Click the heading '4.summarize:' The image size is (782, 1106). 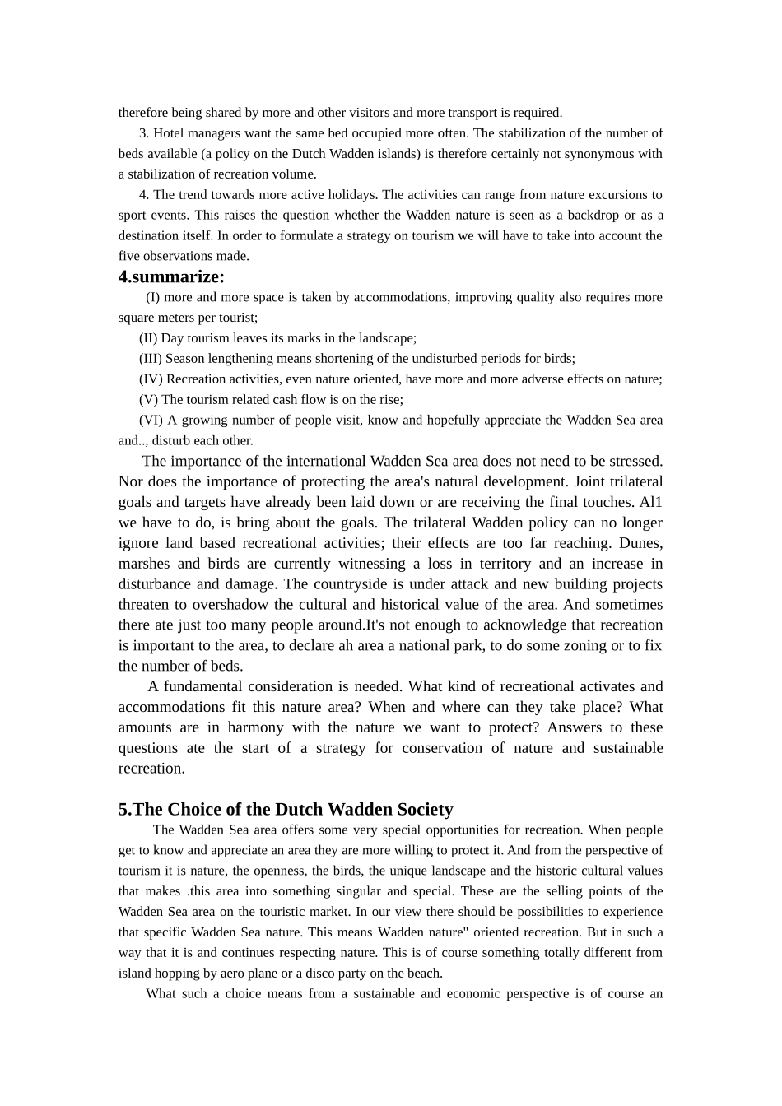pos(171,277)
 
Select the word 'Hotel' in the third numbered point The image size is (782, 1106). pos(170,133)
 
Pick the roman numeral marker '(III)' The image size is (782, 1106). pos(151,359)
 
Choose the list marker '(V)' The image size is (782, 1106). pos(148,400)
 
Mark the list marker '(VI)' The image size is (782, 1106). pos(151,421)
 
